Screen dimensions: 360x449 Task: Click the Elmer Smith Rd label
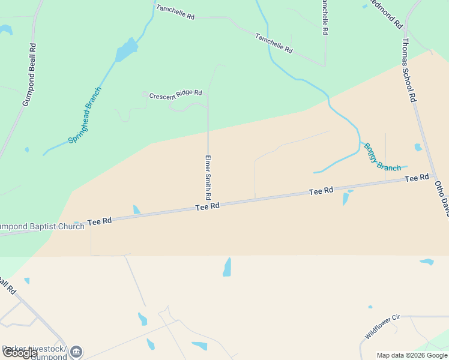tap(208, 178)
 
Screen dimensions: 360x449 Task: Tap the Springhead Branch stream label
tap(85, 115)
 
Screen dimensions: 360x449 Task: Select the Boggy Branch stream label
tap(381, 157)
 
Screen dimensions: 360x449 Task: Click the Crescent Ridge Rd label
tap(175, 95)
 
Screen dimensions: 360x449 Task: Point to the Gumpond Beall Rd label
tap(29, 74)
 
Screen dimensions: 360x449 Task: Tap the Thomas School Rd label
tap(409, 70)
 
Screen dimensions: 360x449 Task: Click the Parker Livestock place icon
tap(76, 352)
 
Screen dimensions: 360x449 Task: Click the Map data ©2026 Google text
tap(412, 355)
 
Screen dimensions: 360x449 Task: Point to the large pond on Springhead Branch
tap(127, 50)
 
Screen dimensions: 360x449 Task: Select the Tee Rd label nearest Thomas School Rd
tap(417, 178)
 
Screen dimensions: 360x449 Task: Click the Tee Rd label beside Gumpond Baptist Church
tap(100, 221)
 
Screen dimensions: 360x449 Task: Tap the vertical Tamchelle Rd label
tap(324, 17)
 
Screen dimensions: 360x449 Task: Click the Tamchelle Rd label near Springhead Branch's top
tap(175, 12)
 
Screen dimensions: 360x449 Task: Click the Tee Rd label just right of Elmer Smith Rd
tap(321, 191)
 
